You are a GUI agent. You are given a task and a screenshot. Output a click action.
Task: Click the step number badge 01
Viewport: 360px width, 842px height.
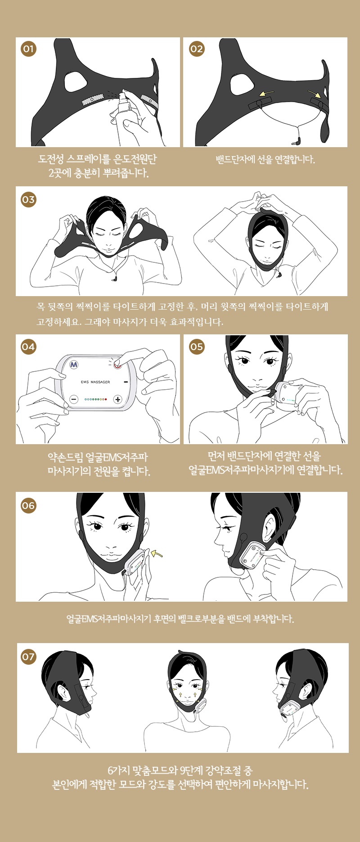coord(28,49)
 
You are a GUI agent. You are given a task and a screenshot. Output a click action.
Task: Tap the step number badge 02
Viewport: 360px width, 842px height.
coord(197,49)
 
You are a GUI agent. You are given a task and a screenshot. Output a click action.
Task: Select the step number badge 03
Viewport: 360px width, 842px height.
coord(28,199)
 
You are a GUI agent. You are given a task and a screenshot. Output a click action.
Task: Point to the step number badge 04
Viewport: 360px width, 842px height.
coord(28,347)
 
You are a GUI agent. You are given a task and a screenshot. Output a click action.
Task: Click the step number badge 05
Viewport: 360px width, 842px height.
coord(197,347)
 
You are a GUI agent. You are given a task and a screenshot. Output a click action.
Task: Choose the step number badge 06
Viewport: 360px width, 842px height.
coord(28,505)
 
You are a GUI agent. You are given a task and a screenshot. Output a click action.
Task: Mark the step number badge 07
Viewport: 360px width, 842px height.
coord(28,657)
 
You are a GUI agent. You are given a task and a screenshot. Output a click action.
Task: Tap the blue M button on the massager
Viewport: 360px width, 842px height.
coord(74,364)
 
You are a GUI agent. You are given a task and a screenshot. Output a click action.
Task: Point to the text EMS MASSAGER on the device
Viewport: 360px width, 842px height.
coord(95,382)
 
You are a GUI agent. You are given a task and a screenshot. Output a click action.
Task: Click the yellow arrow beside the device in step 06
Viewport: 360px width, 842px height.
coord(157,553)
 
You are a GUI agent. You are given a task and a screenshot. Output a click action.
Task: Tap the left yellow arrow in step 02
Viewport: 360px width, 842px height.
coord(267,94)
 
